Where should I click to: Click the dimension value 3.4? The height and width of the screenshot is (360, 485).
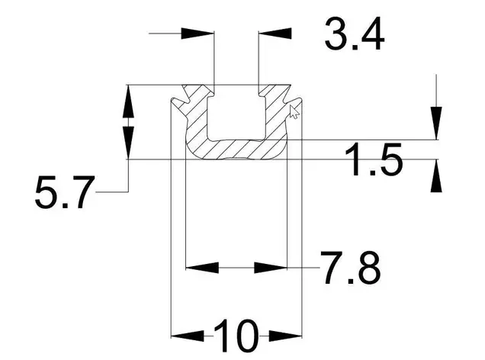[354, 34]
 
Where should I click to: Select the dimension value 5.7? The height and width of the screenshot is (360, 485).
[64, 192]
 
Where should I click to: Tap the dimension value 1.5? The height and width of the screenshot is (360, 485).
[374, 159]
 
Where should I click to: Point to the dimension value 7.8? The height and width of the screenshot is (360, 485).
[351, 268]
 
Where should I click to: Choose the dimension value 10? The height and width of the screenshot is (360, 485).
[236, 336]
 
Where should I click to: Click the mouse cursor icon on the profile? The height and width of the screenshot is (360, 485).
[294, 111]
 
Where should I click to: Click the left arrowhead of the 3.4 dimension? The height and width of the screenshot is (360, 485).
[198, 33]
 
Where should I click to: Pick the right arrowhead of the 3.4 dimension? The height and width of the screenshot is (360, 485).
[275, 33]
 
